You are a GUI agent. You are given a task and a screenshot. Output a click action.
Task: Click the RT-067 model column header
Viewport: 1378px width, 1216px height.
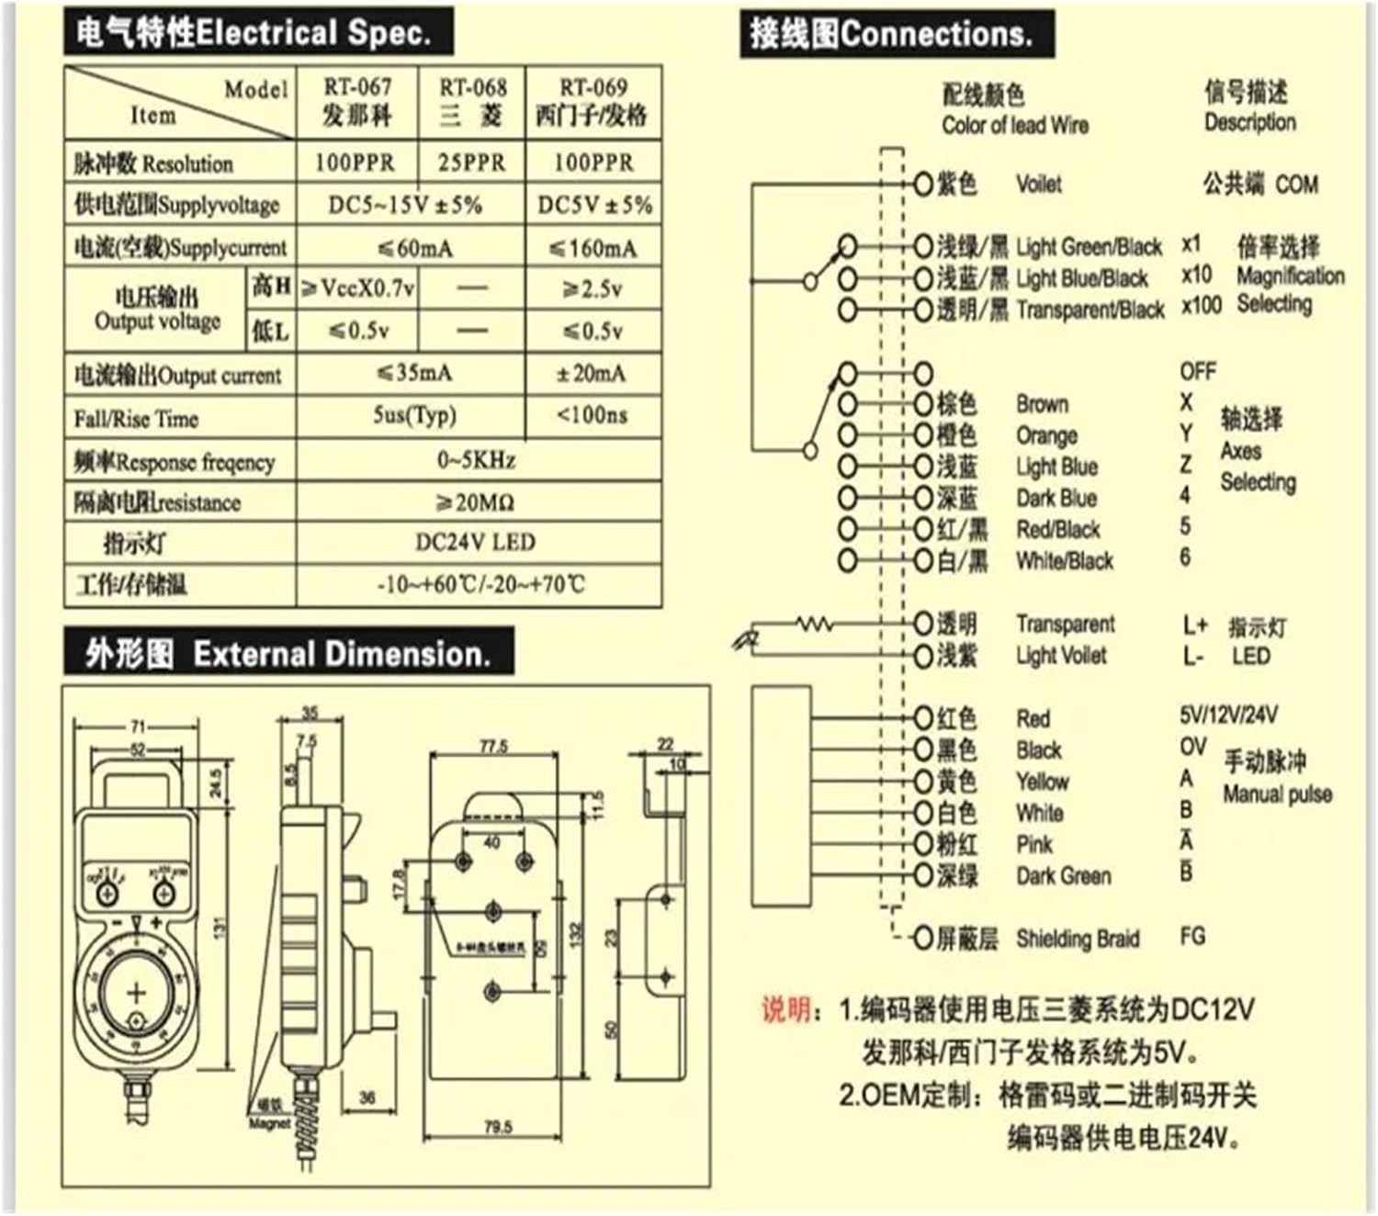tap(356, 101)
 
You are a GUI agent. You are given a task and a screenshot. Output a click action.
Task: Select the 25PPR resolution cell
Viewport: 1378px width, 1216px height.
tap(471, 163)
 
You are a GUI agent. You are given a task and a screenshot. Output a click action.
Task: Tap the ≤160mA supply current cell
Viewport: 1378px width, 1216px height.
tap(593, 248)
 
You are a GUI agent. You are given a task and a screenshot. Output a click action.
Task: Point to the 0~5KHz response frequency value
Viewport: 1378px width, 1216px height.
tap(476, 459)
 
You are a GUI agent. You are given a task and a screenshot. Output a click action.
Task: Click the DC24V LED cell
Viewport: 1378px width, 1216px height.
tap(476, 542)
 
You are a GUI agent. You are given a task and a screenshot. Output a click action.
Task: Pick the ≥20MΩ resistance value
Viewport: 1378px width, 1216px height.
tap(476, 502)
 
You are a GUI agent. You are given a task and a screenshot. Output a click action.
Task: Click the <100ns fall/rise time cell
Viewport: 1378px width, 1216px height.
tap(593, 416)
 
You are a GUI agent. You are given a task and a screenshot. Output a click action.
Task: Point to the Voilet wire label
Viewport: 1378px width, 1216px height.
tap(1039, 185)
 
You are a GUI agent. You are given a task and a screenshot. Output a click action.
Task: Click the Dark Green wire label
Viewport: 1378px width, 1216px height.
tap(1063, 876)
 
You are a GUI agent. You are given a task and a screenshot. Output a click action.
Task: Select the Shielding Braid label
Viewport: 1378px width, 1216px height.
tap(1077, 939)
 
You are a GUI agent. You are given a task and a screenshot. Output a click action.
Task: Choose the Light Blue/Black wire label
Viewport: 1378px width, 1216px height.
tap(1081, 278)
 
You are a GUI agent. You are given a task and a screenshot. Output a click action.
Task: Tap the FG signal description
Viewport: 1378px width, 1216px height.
tap(1192, 937)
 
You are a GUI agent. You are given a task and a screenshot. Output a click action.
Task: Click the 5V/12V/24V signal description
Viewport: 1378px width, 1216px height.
tap(1227, 715)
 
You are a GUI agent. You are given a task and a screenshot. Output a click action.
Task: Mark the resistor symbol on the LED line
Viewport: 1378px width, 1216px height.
tap(814, 625)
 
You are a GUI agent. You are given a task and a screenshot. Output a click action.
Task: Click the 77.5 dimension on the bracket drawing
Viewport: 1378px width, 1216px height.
tap(493, 747)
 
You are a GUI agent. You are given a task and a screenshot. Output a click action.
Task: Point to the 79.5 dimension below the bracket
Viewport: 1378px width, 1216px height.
tap(497, 1126)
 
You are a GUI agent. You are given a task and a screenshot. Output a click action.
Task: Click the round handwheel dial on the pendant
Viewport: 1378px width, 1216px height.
tap(136, 994)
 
